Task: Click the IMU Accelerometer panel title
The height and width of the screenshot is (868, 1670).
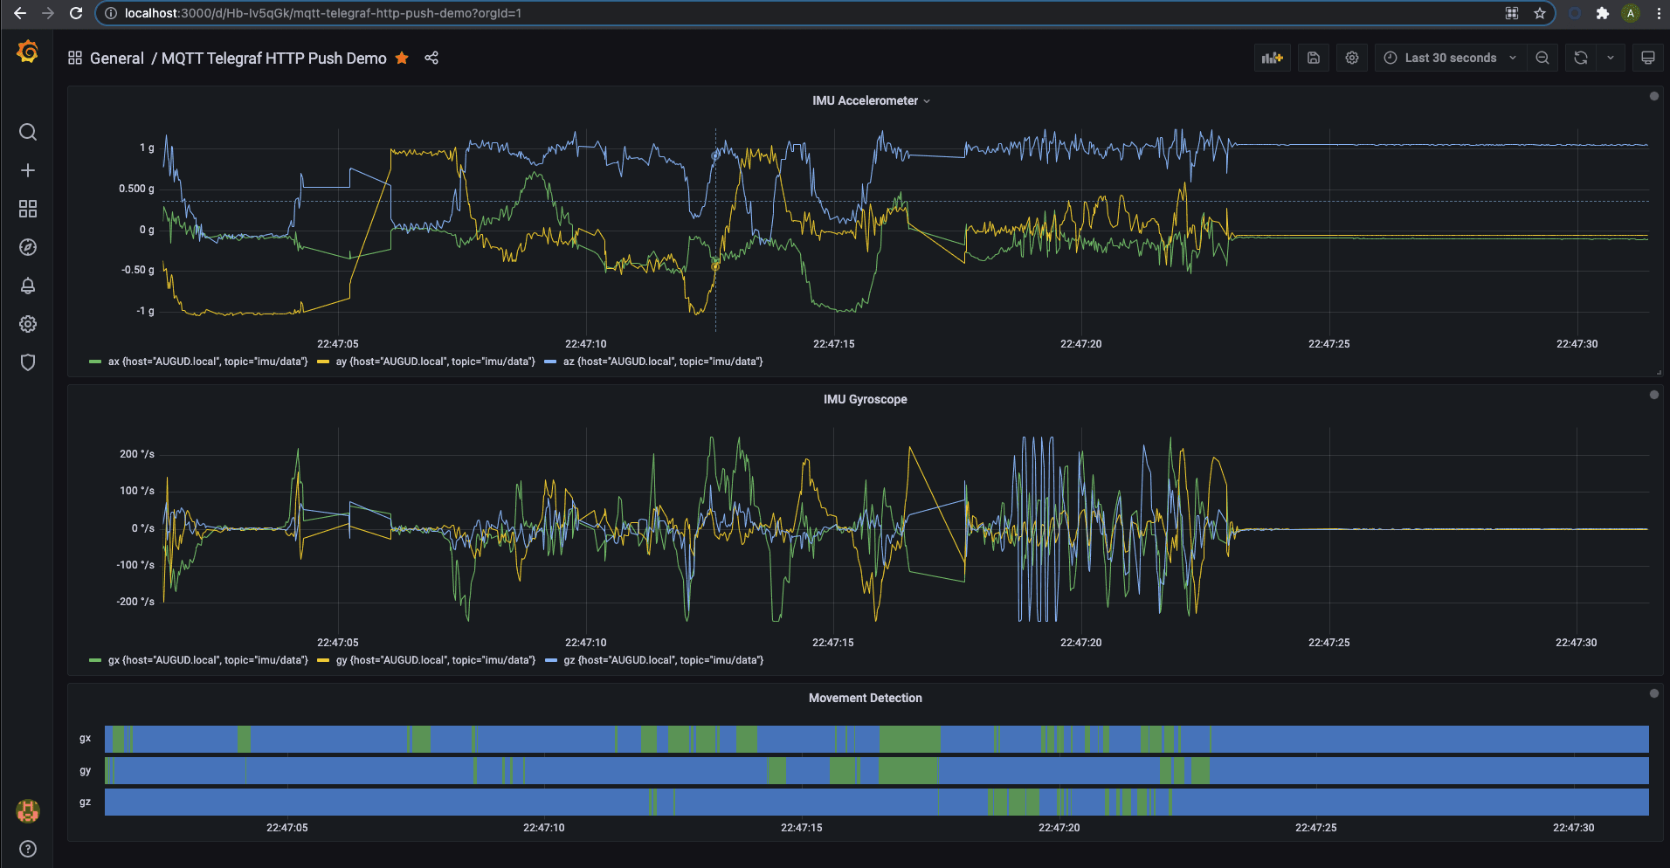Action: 865,100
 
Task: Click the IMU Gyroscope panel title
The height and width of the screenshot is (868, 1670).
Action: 865,399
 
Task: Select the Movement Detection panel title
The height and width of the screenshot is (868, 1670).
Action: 865,698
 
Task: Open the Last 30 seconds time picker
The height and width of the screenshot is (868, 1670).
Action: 1450,58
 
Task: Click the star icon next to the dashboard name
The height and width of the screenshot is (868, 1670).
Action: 402,58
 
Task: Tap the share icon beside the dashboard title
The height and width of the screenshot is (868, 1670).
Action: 431,58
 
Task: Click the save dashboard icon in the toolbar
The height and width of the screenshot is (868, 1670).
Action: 1314,58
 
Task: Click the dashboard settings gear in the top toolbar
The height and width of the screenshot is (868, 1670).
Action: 1352,58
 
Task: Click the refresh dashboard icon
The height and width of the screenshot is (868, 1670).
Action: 1581,58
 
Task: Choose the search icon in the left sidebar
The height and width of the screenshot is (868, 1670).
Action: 28,132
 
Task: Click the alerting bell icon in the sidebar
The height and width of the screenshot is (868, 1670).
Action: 28,286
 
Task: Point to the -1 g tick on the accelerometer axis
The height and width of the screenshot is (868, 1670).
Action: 145,311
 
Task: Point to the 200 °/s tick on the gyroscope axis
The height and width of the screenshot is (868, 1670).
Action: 137,454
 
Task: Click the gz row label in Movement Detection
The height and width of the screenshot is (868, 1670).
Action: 85,802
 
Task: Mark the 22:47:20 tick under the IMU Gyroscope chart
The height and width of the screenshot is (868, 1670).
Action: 1080,643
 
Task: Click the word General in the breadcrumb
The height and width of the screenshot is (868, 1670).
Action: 116,58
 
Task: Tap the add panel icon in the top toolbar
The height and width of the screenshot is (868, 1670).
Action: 1272,58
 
